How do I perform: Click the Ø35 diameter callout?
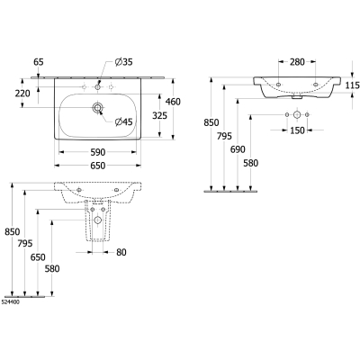(x=123, y=62)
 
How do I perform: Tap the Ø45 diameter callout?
(x=123, y=121)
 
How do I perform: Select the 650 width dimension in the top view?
(x=98, y=166)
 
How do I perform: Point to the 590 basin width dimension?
(x=98, y=152)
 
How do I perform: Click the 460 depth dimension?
(x=173, y=102)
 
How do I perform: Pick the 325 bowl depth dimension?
(x=159, y=115)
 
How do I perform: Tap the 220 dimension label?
(x=22, y=94)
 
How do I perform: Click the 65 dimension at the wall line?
(x=39, y=62)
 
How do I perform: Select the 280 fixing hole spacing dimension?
(x=297, y=62)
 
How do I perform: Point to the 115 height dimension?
(x=352, y=85)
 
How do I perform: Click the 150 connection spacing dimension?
(x=297, y=130)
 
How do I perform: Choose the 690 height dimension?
(x=238, y=149)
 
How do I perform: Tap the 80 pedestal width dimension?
(x=121, y=252)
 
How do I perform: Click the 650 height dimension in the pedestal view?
(x=38, y=257)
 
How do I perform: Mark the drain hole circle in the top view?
(x=97, y=108)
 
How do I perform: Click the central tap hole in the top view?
(x=97, y=87)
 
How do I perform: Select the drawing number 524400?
(x=11, y=302)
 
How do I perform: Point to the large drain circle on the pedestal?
(x=97, y=220)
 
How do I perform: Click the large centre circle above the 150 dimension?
(x=297, y=114)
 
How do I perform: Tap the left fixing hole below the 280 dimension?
(x=278, y=85)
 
